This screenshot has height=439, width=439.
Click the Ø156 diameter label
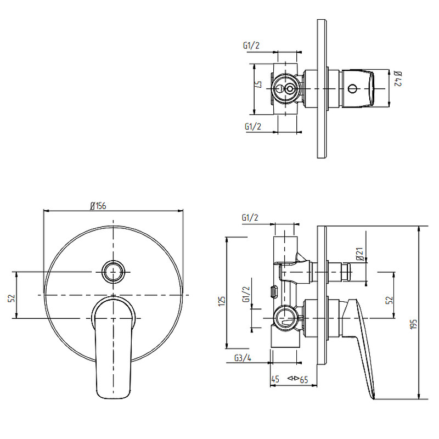point(98,206)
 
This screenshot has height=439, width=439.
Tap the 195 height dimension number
point(414,324)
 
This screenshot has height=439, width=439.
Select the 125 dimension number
point(222,301)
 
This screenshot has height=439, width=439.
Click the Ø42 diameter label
point(398,78)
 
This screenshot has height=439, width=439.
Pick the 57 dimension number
point(258,85)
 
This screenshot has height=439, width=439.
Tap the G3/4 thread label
point(243,358)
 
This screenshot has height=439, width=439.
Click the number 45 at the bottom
point(275,379)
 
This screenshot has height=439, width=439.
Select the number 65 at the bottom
point(304,380)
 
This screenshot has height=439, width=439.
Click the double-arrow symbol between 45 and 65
point(294,378)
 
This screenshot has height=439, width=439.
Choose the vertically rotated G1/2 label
point(246,294)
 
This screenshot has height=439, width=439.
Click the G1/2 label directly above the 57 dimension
point(251,46)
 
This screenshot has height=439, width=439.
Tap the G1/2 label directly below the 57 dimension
point(253,127)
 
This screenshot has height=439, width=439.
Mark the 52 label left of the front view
point(12,298)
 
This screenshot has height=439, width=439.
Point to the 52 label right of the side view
point(390,300)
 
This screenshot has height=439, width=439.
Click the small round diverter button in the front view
point(113,272)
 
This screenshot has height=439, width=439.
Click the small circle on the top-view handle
point(352,89)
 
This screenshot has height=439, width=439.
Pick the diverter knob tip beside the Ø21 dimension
point(346,272)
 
